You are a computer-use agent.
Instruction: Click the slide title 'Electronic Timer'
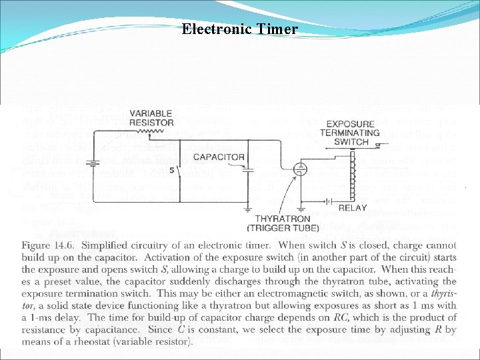click(239, 29)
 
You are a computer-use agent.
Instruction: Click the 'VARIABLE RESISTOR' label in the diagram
click(151, 118)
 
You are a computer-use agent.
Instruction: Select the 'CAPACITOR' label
click(219, 157)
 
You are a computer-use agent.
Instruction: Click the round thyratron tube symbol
click(301, 169)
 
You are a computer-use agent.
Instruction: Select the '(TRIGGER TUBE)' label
click(275, 228)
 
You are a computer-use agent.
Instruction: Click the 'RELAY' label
click(353, 208)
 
